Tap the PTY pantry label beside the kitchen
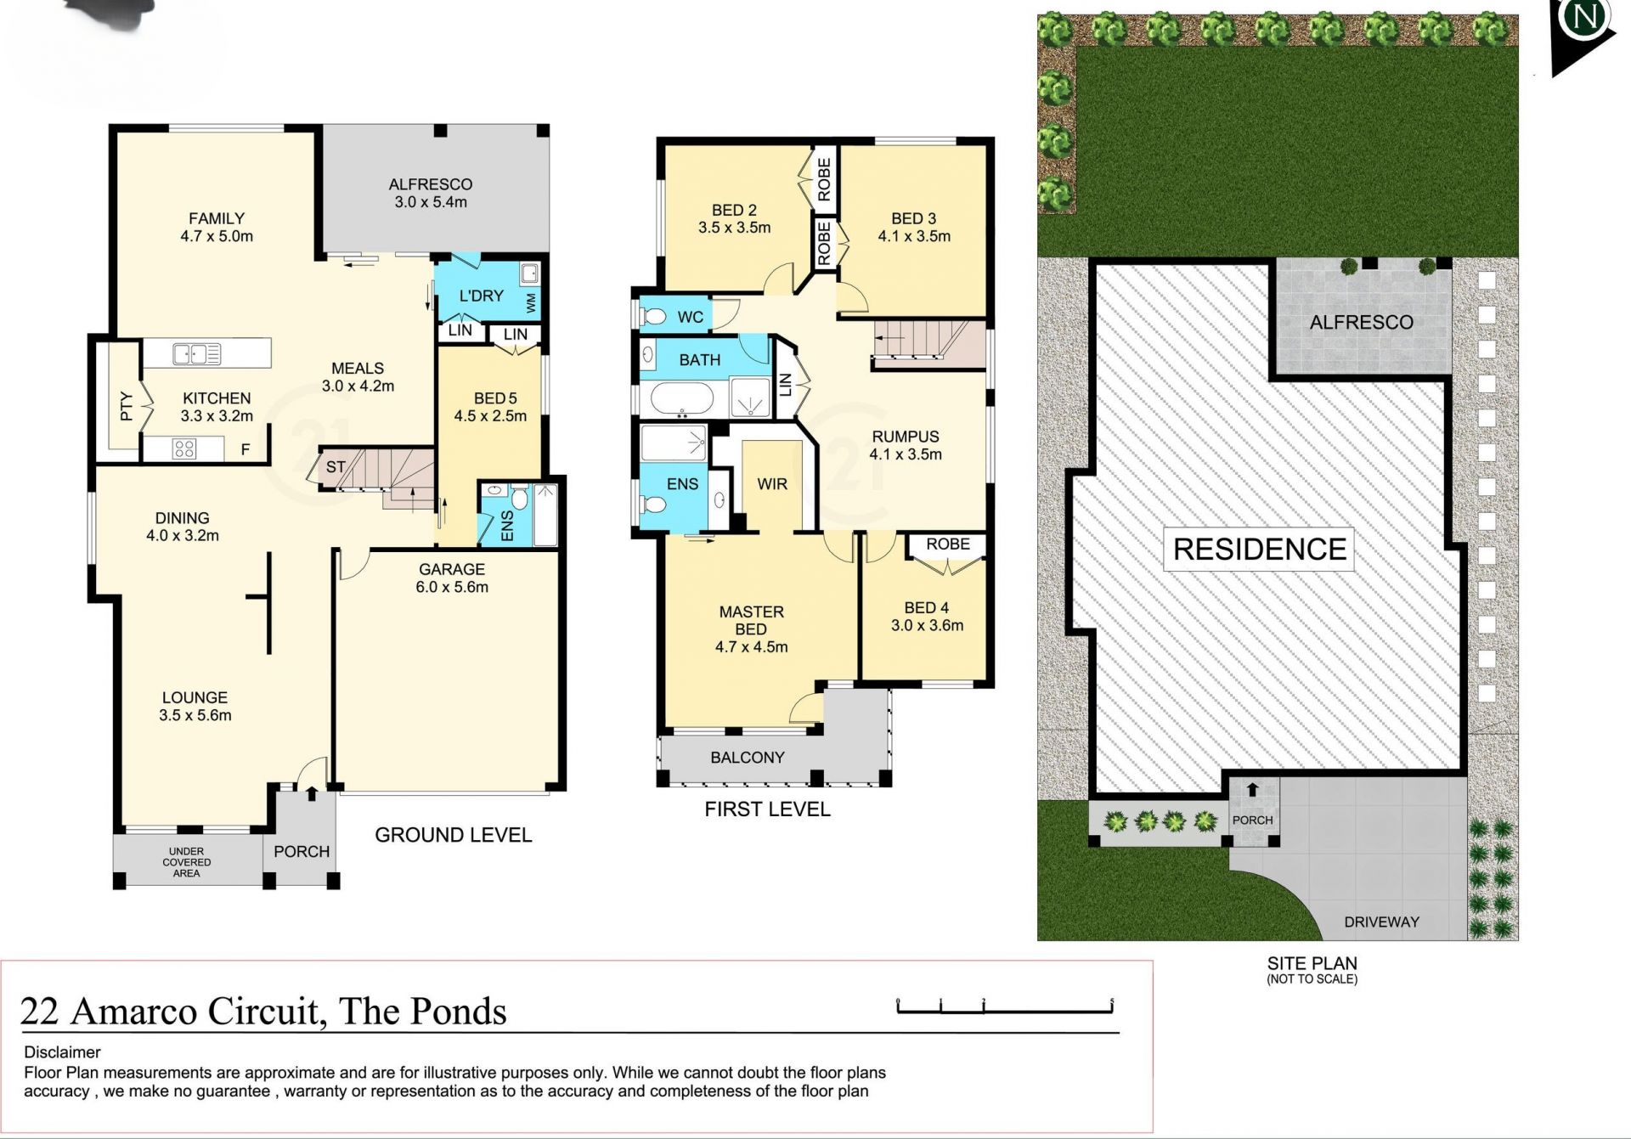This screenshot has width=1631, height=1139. coord(127,405)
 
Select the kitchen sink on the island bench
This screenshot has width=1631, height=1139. coord(197,353)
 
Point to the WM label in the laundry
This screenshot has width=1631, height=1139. coord(531,302)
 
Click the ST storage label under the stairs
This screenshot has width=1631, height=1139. coord(336,467)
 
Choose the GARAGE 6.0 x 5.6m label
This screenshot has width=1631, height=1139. coord(452,578)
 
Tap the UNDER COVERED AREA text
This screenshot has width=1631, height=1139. coord(187,862)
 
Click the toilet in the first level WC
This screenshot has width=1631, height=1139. coord(653,317)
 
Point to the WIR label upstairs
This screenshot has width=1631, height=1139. coord(772,484)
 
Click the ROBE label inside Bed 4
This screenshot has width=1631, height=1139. coord(948,544)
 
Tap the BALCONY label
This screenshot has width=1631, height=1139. coord(748,758)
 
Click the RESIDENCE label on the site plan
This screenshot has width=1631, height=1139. coord(1260,550)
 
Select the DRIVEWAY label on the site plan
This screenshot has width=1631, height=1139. coord(1381,922)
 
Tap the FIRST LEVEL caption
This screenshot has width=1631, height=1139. coord(767,809)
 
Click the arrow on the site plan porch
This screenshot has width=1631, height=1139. coord(1252,789)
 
